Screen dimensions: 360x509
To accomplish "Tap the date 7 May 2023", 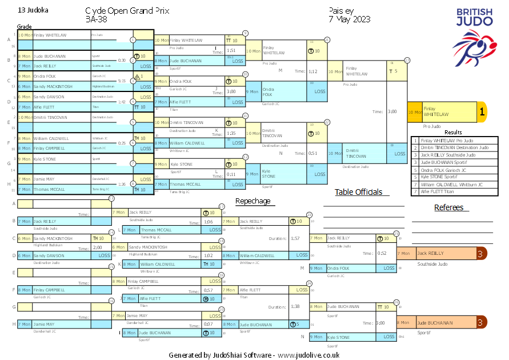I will click(350, 19).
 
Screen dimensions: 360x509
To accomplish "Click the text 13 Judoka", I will click(33, 10).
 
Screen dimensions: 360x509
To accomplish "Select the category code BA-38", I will click(97, 19).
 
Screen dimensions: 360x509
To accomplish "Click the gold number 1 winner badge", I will click(482, 113).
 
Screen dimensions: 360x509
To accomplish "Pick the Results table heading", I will click(453, 132).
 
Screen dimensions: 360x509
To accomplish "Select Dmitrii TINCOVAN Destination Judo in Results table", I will click(454, 147).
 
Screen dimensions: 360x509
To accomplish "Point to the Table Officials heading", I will click(358, 192).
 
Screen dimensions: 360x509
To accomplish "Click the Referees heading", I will click(448, 207).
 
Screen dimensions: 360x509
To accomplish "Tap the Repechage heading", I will click(253, 201).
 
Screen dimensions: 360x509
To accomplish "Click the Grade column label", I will click(25, 27).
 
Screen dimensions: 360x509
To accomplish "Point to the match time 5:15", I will click(122, 81).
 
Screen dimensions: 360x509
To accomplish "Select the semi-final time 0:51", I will click(313, 153).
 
